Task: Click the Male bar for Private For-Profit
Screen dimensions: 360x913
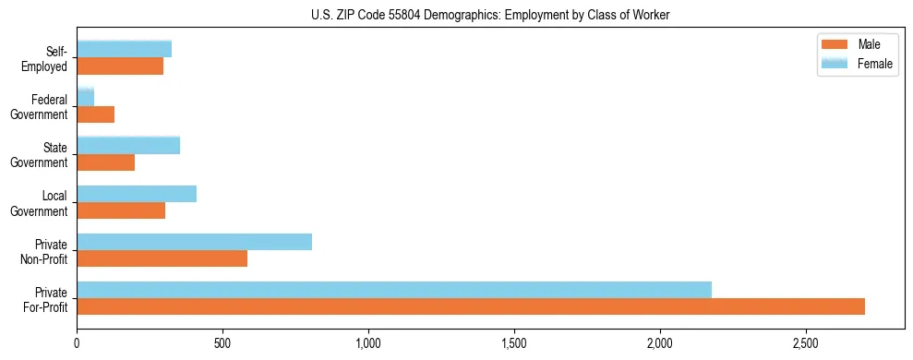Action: (x=471, y=306)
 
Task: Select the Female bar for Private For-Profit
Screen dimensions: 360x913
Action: (x=394, y=290)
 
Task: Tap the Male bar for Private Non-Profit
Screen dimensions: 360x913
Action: (x=162, y=258)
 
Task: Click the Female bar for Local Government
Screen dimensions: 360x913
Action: (x=137, y=194)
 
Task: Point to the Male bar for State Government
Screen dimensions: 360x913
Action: (x=106, y=162)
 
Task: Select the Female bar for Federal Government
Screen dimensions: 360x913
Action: (x=86, y=97)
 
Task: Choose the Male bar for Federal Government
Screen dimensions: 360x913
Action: (x=96, y=114)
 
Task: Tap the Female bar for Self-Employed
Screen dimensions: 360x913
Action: (x=125, y=49)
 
